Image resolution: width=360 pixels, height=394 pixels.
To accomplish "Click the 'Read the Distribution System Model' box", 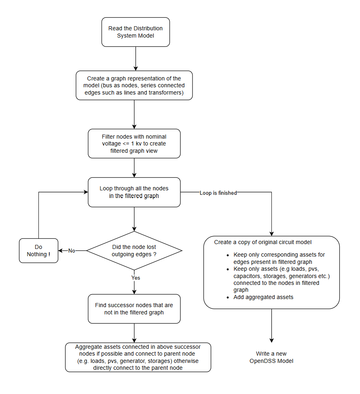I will (135, 32).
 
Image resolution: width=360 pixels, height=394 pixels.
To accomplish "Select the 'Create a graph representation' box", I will (134, 85).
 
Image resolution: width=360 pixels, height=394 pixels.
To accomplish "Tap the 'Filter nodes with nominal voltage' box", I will (134, 143).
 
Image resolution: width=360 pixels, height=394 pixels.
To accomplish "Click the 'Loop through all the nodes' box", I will (134, 192).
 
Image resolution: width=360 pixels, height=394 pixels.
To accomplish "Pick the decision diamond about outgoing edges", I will (134, 251).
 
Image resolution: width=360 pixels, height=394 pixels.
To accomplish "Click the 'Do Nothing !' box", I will (39, 251).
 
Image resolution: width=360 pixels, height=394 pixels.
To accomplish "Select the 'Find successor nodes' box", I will (134, 309).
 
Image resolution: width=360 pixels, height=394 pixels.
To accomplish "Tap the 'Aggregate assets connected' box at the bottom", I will (138, 357).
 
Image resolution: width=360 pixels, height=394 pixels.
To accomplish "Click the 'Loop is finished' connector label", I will (218, 193).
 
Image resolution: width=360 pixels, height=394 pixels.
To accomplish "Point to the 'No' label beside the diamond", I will (72, 251).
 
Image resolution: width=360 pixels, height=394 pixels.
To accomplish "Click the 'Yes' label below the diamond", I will (136, 278).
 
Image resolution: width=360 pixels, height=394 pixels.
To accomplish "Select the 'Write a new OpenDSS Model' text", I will (271, 357).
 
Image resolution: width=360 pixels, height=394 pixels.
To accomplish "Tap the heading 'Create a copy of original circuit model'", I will (263, 242).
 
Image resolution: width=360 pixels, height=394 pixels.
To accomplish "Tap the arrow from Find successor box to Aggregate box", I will (134, 333).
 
